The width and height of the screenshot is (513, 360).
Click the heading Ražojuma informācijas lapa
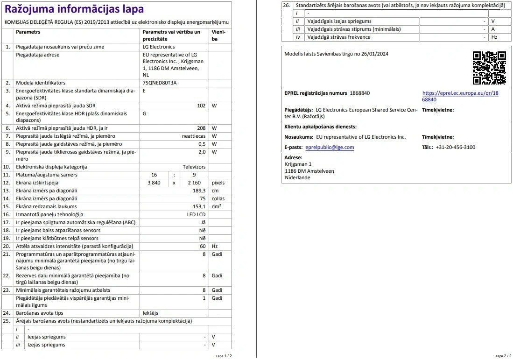pos(74,9)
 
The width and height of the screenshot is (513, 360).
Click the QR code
pos(489,68)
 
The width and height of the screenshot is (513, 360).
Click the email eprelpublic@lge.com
pos(330,148)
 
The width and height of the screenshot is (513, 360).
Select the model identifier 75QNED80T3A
pos(160,83)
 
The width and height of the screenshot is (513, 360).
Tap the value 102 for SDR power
pos(201,106)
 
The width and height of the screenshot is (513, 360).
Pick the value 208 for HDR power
pos(201,128)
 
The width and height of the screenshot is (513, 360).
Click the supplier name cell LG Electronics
pos(159,47)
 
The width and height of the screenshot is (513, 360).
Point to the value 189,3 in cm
pos(199,191)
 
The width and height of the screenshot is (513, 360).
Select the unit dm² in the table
pos(216,206)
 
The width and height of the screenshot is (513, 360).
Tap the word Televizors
pos(194,167)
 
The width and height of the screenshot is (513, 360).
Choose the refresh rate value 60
pos(203,246)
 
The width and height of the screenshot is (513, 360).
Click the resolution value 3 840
pos(153,183)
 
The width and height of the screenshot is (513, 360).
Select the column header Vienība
pos(218,35)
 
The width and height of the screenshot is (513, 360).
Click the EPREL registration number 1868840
pos(359,93)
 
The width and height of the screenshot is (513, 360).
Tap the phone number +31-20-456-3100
pos(455,147)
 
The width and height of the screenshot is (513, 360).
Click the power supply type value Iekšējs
pos(150,313)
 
